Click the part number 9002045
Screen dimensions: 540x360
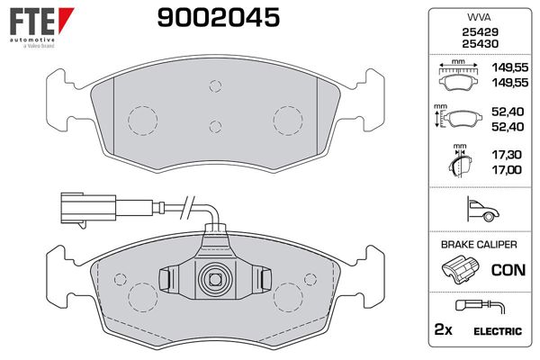(x=219, y=17)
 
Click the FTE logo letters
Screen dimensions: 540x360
(x=32, y=22)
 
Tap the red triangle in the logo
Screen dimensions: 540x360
(x=65, y=19)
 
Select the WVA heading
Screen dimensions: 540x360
(x=480, y=17)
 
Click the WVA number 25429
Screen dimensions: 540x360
(x=480, y=32)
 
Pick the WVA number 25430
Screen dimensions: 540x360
(x=480, y=44)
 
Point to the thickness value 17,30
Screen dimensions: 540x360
(x=506, y=155)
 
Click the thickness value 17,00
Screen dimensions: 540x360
(x=506, y=170)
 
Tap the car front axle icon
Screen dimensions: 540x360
(x=482, y=209)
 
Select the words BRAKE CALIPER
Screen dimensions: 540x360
(x=479, y=245)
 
